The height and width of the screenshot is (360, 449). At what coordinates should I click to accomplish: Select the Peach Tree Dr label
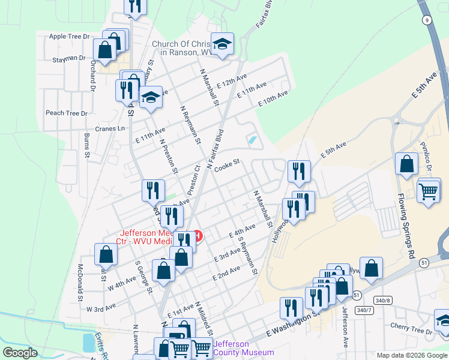pyautogui.click(x=67, y=113)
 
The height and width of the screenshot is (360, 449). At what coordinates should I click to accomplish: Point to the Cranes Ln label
pyautogui.click(x=110, y=128)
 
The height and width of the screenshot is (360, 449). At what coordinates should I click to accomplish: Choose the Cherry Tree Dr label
pyautogui.click(x=411, y=331)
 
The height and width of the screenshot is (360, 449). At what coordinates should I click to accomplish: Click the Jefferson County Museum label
pyautogui.click(x=244, y=348)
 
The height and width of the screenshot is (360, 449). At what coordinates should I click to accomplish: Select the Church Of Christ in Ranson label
pyautogui.click(x=182, y=48)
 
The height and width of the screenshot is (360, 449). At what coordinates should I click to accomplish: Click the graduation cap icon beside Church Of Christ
pyautogui.click(x=222, y=44)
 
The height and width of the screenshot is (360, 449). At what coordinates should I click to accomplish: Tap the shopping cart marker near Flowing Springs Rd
pyautogui.click(x=428, y=192)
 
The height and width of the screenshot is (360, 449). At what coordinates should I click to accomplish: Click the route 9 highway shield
pyautogui.click(x=426, y=20)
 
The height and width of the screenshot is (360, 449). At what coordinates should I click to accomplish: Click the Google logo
pyautogui.click(x=20, y=353)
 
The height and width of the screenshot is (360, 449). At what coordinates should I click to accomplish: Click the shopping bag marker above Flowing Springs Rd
pyautogui.click(x=407, y=164)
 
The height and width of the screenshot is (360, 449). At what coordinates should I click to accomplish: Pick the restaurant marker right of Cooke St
pyautogui.click(x=298, y=172)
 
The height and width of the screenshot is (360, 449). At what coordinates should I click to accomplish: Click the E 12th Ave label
pyautogui.click(x=232, y=82)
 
